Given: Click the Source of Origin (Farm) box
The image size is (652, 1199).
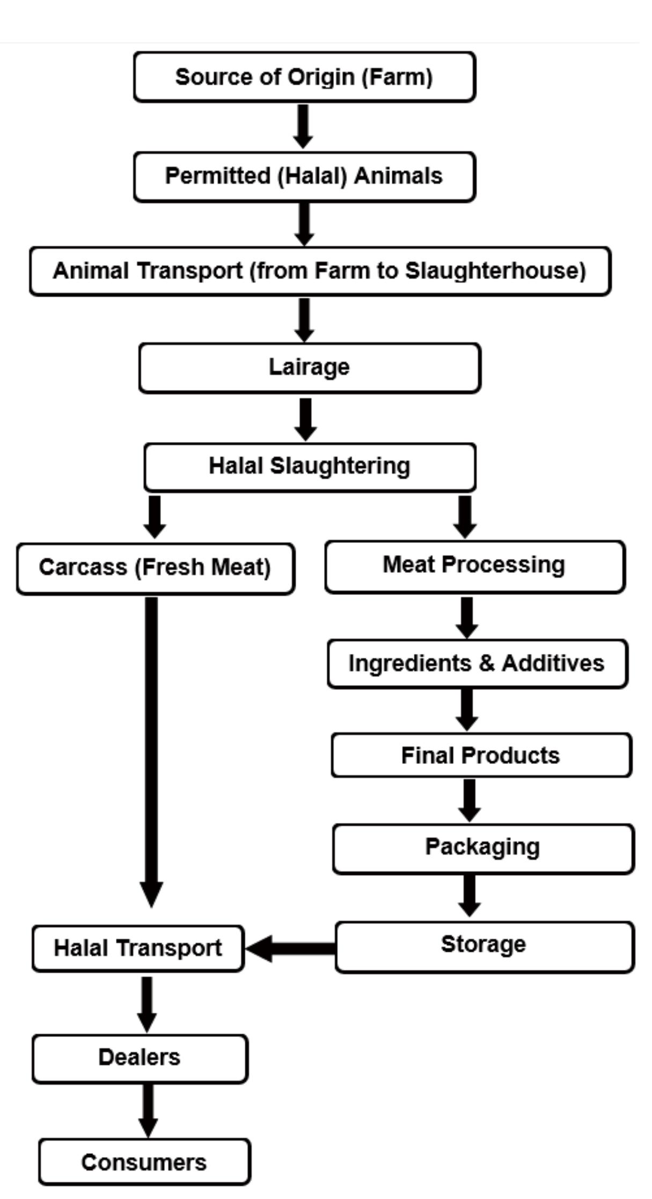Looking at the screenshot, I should (304, 77).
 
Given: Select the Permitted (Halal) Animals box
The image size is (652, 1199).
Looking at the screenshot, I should (304, 176).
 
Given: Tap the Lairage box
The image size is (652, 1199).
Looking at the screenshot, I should (310, 367).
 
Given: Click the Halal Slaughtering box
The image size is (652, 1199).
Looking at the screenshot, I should (310, 467).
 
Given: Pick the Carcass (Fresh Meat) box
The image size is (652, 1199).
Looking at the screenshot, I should (155, 568).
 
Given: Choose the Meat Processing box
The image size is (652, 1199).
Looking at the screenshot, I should (474, 566).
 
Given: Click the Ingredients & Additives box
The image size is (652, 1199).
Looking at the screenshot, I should (477, 664).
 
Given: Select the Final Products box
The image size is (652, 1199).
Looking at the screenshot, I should (481, 755).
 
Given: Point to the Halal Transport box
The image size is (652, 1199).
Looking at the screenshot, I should (138, 948).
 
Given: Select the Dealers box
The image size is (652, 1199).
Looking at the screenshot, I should (140, 1058).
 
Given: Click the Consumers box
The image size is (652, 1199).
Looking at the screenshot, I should (144, 1162).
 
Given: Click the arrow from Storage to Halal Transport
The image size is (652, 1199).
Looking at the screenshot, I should (292, 948).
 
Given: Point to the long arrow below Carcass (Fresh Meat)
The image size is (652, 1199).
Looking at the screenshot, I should (151, 751).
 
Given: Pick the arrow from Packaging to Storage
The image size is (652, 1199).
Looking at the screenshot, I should (470, 895).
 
